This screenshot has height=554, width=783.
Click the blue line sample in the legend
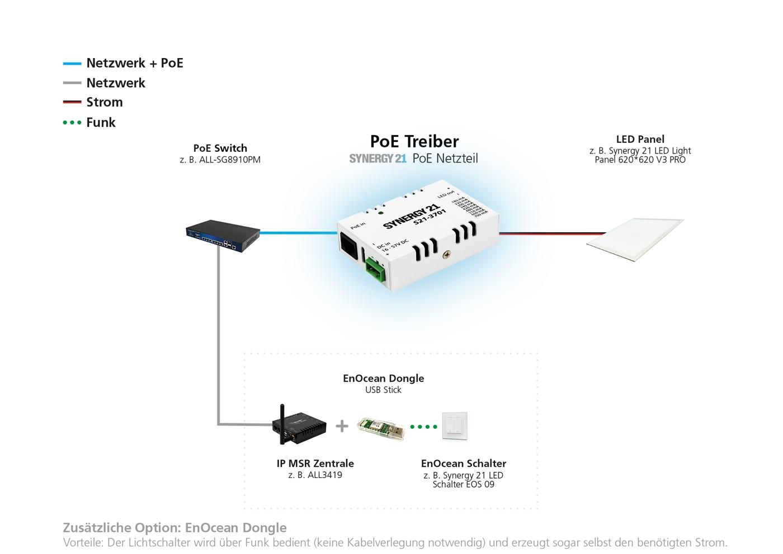72,64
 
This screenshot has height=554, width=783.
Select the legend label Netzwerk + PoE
134,63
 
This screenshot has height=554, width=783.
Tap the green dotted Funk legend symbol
72,122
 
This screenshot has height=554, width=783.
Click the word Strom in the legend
104,102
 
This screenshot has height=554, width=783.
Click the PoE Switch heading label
220,148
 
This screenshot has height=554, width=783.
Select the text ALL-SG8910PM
229,160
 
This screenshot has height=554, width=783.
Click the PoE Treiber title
414,141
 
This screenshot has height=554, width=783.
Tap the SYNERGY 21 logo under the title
378,159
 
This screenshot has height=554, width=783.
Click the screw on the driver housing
446,255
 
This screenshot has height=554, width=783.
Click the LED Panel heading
640,139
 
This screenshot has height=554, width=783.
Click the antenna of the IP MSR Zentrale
282,419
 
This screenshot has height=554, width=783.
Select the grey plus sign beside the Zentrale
342,426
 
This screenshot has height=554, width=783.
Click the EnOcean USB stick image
380,429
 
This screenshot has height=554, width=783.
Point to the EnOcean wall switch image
455,426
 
